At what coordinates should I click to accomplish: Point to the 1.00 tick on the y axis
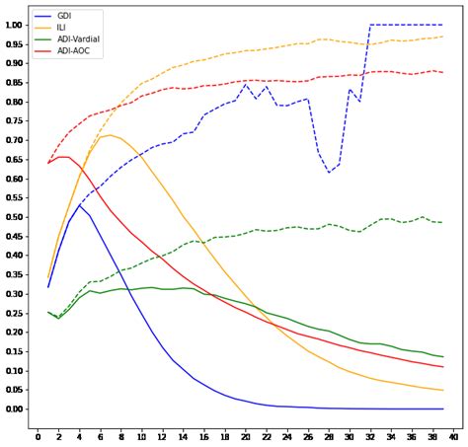[x=14, y=25]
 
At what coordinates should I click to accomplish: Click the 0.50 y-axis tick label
[x=14, y=217]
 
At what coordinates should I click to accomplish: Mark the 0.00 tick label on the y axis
[x=14, y=410]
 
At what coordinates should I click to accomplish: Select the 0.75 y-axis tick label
[x=14, y=120]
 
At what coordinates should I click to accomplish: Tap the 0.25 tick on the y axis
[x=14, y=313]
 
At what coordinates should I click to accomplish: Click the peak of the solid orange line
[x=110, y=135]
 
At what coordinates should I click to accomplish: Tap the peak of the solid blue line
[x=79, y=204]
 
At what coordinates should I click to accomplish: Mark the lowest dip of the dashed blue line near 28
[x=329, y=173]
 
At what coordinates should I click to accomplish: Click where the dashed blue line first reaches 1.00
[x=370, y=25]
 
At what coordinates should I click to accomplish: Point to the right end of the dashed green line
[x=442, y=222]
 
